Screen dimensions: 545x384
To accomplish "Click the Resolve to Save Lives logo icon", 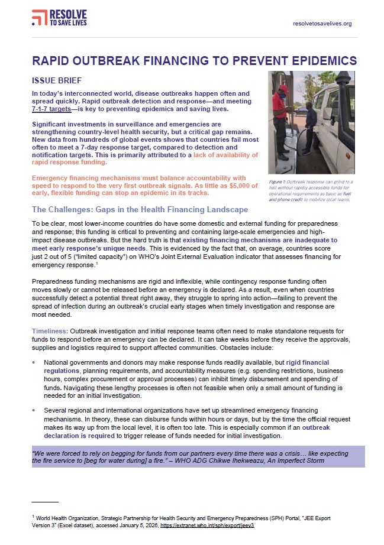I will click(40, 18).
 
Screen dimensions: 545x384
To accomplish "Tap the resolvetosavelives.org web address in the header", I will click(322, 24).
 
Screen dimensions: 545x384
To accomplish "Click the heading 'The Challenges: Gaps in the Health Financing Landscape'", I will click(140, 209).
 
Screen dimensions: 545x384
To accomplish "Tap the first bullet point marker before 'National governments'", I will click(35, 362).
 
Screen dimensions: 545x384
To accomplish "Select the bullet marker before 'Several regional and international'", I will click(35, 409).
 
